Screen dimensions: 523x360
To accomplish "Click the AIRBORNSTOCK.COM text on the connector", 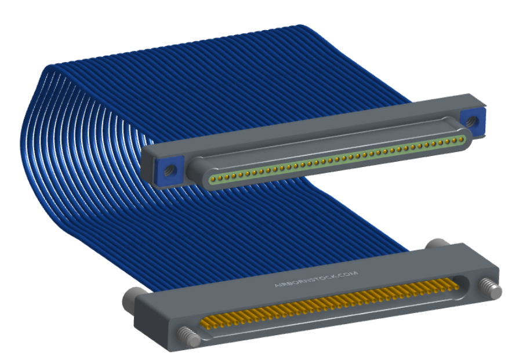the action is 316,279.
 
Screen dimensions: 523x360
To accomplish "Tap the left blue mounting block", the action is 169,170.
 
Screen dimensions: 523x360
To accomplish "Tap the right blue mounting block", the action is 473,121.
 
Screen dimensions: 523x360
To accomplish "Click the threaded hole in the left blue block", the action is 169,170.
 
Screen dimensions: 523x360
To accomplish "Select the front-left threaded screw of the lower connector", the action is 188,337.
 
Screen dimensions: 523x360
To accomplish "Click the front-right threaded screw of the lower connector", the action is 490,288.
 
